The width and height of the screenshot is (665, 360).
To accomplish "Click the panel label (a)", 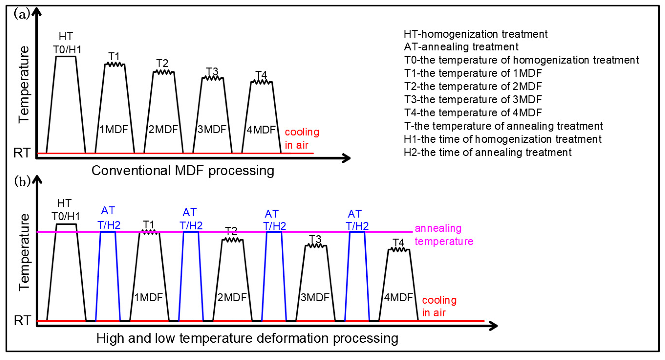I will point(22,14).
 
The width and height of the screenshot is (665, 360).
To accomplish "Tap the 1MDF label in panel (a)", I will point(114,129).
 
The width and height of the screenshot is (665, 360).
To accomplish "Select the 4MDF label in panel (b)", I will point(398,298).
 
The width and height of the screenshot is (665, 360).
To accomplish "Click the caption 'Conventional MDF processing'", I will point(183,171).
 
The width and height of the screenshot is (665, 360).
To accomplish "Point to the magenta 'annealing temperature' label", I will point(444,235).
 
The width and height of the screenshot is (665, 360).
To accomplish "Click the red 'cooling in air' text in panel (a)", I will point(302,138).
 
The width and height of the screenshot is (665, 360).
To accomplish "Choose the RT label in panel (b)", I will point(23,320).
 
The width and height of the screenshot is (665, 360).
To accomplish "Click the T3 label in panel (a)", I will point(212,71).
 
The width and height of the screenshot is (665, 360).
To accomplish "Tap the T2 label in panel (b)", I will point(231,231).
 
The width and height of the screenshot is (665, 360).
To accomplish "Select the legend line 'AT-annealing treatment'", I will point(461,47).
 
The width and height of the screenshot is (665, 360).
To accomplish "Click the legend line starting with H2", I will point(487,152).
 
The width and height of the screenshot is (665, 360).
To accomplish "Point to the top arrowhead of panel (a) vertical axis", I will point(37,12).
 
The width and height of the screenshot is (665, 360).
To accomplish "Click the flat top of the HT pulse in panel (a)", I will point(66,56).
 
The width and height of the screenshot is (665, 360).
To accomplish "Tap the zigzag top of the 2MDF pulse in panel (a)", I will point(163,72).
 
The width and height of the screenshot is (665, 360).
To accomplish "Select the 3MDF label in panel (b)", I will point(315,298).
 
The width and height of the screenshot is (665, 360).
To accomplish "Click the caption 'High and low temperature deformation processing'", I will point(247,338).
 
